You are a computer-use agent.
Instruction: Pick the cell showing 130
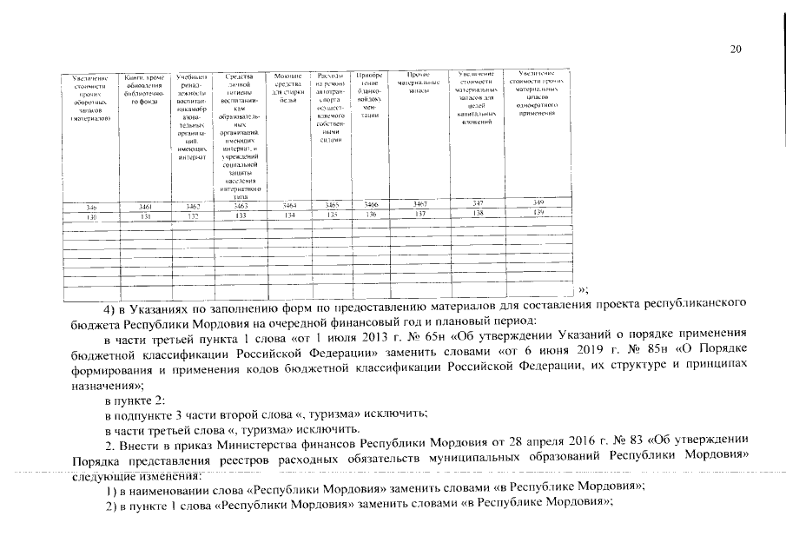point(89,216)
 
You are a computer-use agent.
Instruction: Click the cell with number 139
point(538,213)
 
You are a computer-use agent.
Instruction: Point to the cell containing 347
point(477,203)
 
